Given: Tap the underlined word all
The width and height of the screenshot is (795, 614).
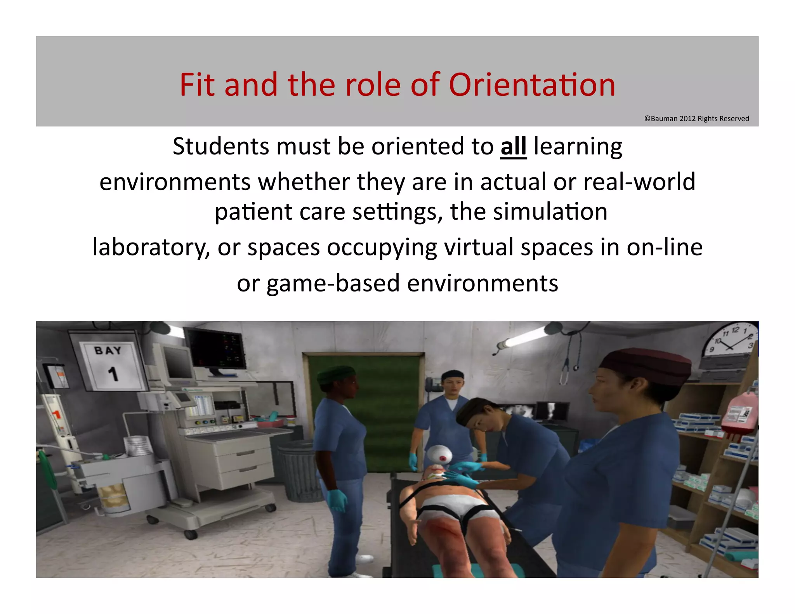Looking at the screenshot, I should pos(513,147).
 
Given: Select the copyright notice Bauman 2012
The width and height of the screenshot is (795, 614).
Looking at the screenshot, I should pos(696,119).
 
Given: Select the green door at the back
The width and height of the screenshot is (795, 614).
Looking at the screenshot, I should pos(365,404).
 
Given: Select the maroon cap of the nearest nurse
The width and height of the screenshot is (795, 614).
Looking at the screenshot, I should pos(646,365).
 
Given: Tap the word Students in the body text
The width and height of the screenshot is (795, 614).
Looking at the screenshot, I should pos(220,147).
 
